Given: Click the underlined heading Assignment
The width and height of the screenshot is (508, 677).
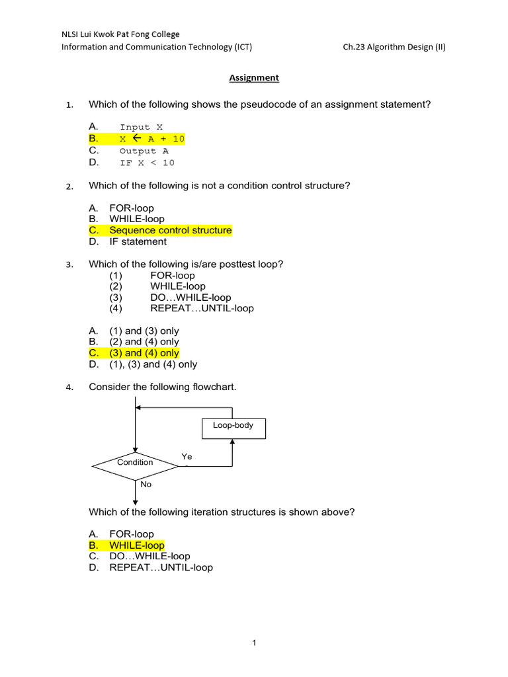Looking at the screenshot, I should pos(254,78).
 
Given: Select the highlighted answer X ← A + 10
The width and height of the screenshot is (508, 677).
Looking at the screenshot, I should pos(151,139).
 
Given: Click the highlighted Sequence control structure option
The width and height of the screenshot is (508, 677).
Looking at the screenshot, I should pos(170,230).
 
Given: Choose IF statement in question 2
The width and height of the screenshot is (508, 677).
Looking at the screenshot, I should pos(138,241).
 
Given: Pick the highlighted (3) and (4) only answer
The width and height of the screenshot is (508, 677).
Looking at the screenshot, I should pos(144,353).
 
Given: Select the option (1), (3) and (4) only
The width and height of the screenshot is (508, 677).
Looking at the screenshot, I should pos(153,364).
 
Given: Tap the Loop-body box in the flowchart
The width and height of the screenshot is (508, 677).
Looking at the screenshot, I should pos(233,426).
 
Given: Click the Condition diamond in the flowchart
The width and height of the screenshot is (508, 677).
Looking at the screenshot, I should pos(135,463).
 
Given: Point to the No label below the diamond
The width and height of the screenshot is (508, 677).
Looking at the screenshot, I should pos(146,485).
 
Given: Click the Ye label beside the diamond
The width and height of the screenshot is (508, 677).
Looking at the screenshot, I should pos(187,457).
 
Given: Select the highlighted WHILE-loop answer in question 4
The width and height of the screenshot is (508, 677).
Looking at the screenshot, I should pos(136,545).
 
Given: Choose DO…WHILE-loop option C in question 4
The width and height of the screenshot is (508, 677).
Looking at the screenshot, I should pos(149,557).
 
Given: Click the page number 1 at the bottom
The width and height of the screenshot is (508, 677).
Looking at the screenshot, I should pos(254,642).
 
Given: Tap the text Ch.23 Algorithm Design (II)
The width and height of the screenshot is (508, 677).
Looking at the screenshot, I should pos(394,48).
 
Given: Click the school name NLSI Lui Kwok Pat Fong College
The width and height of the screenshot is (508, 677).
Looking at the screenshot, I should pos(120,34).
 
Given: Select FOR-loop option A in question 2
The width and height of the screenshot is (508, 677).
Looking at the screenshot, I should pos(132,208).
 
